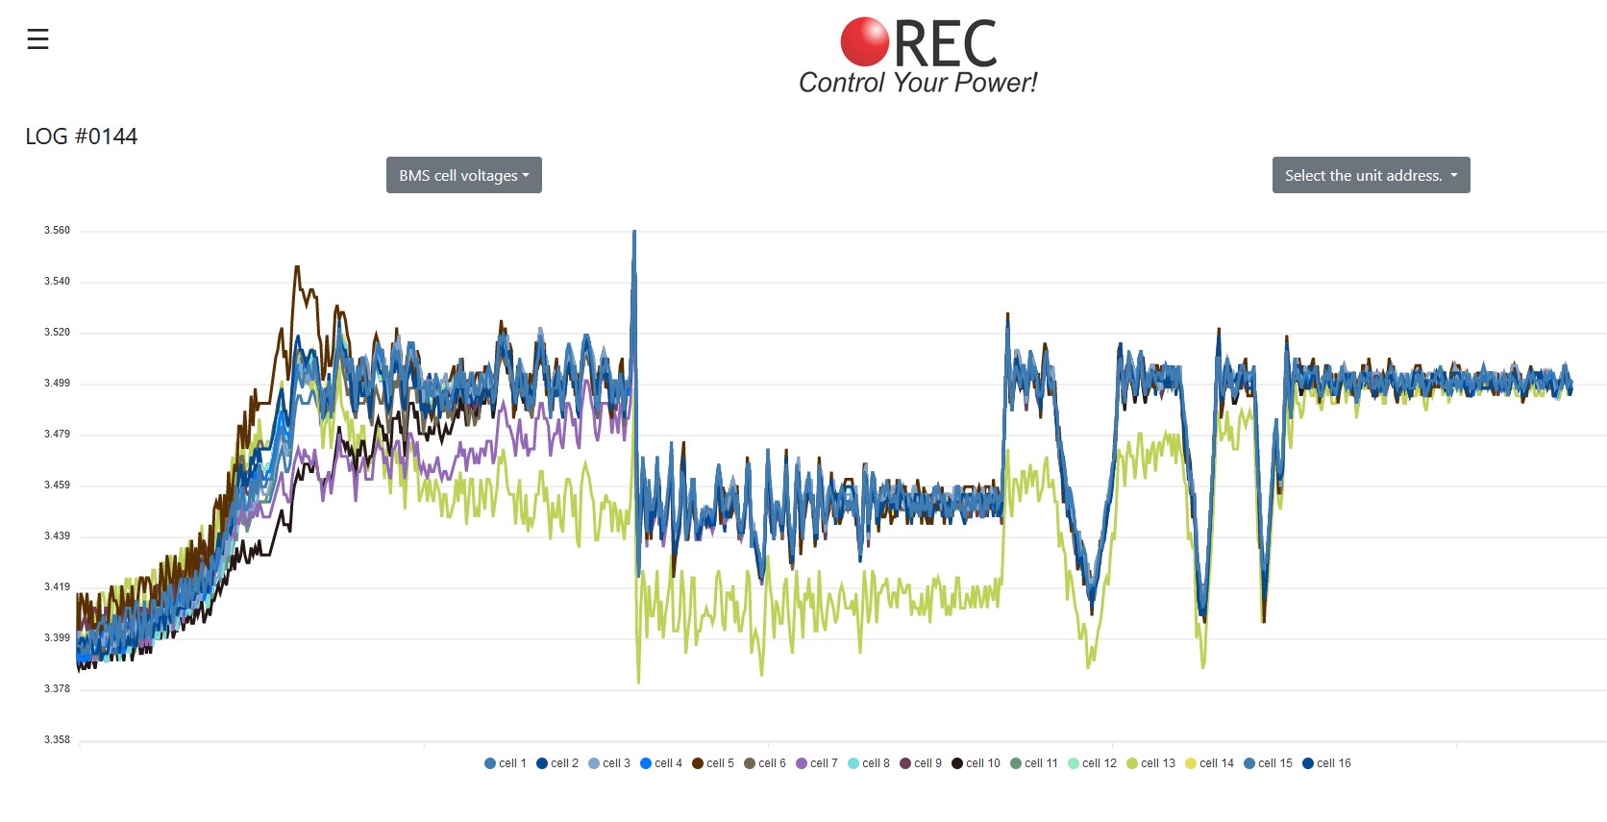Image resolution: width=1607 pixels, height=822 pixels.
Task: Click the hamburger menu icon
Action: pyautogui.click(x=37, y=39)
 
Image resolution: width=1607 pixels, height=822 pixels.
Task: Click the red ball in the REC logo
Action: pyautogui.click(x=864, y=41)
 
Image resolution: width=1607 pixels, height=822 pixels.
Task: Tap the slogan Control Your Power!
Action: pyautogui.click(x=918, y=83)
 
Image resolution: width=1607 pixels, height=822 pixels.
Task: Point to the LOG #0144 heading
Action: pyautogui.click(x=82, y=137)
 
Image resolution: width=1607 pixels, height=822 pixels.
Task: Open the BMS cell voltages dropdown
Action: pyautogui.click(x=464, y=175)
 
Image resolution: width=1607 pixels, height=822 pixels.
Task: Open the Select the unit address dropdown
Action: pyautogui.click(x=1371, y=175)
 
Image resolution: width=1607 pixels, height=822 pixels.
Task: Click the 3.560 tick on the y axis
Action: pyautogui.click(x=57, y=231)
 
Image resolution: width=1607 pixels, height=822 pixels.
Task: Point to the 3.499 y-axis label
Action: pyautogui.click(x=57, y=384)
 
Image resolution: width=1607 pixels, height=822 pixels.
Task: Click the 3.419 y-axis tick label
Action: pyautogui.click(x=57, y=586)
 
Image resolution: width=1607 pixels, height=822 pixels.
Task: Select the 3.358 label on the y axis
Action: pyautogui.click(x=57, y=740)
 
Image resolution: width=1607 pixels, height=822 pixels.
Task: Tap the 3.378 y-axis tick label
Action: pyautogui.click(x=57, y=689)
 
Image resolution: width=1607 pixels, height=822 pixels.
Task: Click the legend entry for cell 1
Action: pyautogui.click(x=506, y=763)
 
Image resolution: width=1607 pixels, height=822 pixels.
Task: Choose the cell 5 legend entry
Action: pyautogui.click(x=713, y=763)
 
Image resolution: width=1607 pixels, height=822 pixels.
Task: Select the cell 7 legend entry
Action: pyautogui.click(x=817, y=763)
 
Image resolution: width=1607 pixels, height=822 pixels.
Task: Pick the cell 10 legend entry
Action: pyautogui.click(x=976, y=763)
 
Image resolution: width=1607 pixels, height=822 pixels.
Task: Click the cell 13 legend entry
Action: pyautogui.click(x=1150, y=763)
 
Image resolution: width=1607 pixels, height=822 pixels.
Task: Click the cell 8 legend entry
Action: pyautogui.click(x=869, y=763)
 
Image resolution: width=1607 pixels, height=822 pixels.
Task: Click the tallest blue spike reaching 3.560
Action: pyautogui.click(x=634, y=234)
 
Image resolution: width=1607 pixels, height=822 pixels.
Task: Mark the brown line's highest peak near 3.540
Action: pyautogui.click(x=297, y=268)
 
